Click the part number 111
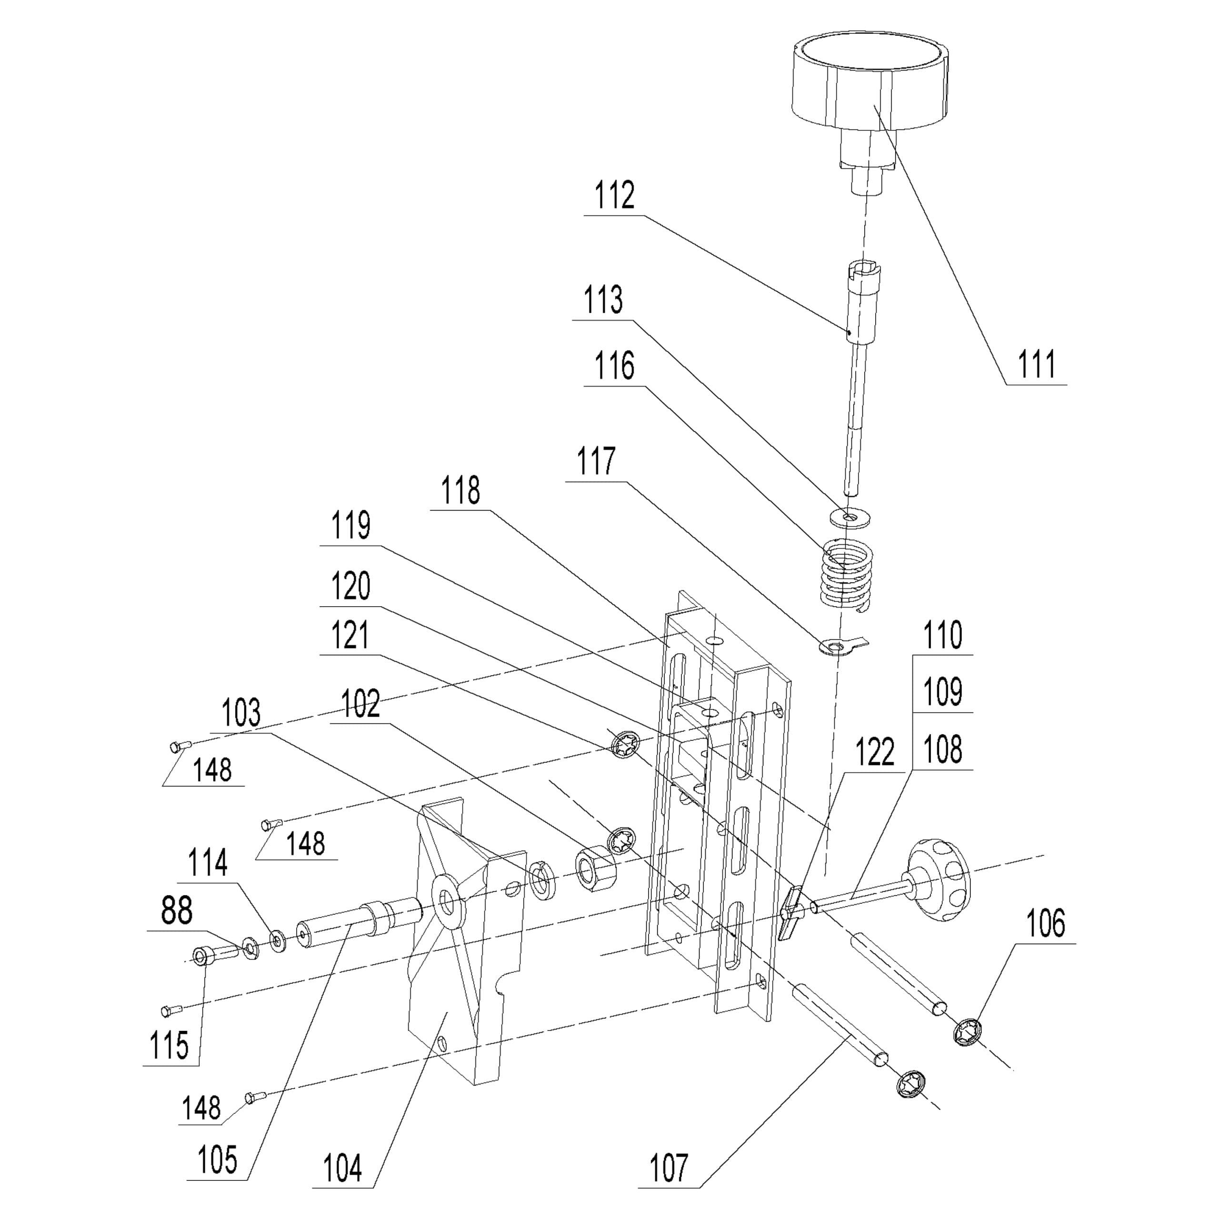click(x=1037, y=365)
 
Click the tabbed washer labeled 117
click(x=839, y=646)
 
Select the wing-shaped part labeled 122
click(x=791, y=912)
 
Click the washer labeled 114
click(x=277, y=941)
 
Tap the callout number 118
click(x=460, y=490)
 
